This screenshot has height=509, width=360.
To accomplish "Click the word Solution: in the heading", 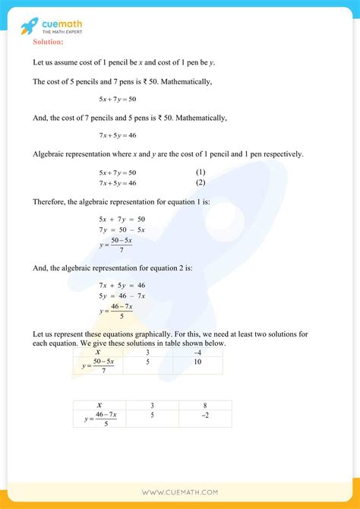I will [x=49, y=41].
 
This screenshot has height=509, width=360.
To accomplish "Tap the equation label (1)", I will [x=201, y=172].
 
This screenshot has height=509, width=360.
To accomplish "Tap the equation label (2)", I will [x=201, y=182].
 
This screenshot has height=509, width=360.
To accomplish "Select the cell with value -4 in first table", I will [x=197, y=353].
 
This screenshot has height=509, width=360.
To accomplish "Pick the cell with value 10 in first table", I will [x=197, y=363].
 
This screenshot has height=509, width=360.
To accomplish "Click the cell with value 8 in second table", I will [x=205, y=406].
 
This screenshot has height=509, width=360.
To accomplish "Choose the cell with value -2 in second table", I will [x=205, y=416].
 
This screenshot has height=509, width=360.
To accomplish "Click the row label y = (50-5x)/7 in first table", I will [x=98, y=365].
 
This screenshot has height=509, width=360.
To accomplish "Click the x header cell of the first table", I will [x=98, y=353].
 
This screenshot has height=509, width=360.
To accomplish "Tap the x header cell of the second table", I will [x=99, y=406].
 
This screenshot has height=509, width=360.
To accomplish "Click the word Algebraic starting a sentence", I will [x=50, y=154].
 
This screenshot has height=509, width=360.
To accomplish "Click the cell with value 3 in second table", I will [x=153, y=406].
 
